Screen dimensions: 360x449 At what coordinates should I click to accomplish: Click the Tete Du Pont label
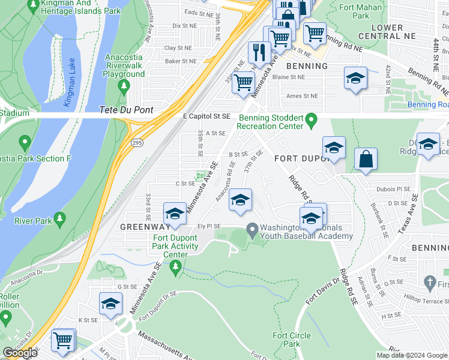click(127, 110)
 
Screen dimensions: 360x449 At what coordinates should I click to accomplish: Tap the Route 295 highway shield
click(137, 142)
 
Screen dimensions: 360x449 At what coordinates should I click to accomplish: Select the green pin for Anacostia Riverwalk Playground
click(124, 86)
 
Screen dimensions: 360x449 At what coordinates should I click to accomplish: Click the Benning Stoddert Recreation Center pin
click(311, 120)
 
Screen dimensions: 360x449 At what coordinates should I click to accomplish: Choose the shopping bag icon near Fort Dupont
click(365, 160)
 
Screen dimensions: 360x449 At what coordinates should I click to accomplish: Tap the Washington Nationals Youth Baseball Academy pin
click(252, 229)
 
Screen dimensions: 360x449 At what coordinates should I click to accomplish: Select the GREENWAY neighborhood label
click(144, 227)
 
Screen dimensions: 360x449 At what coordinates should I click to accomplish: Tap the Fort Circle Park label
click(286, 340)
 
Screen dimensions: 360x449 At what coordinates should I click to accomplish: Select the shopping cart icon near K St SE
click(62, 341)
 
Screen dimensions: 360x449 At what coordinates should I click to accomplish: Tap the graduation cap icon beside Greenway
click(175, 214)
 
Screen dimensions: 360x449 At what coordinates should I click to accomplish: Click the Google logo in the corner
click(20, 353)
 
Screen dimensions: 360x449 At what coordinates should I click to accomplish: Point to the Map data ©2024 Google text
click(412, 355)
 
